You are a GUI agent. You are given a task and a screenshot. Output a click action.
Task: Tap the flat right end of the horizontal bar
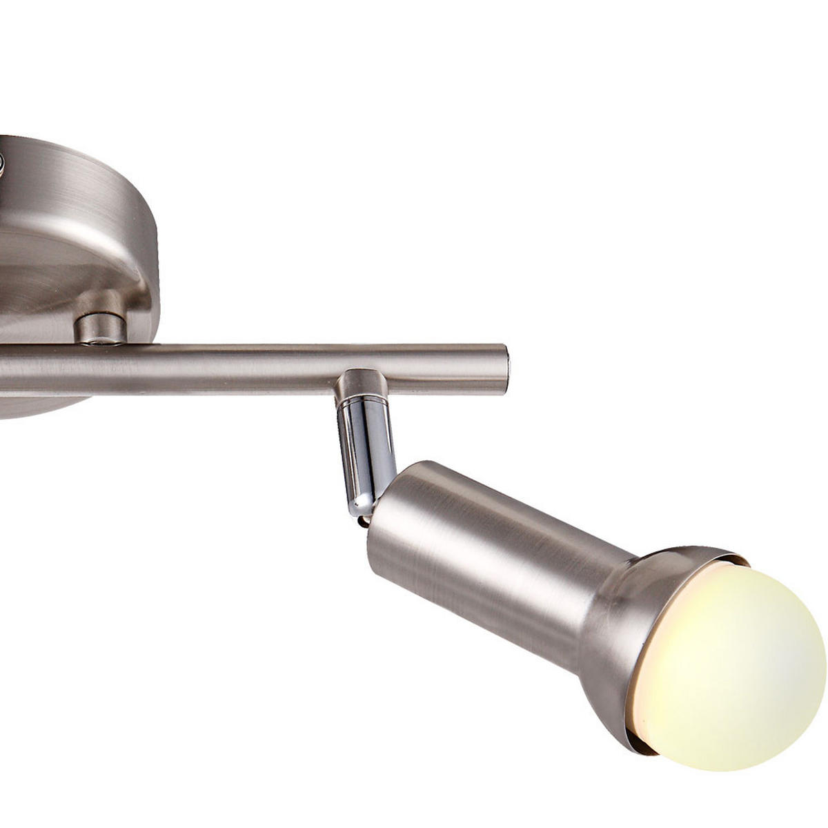click(506, 368)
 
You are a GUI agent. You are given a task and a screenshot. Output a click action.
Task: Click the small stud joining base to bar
click(100, 328)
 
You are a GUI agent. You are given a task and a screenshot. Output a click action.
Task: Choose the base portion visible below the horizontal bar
click(41, 407)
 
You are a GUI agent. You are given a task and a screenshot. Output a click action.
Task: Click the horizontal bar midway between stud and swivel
click(228, 369)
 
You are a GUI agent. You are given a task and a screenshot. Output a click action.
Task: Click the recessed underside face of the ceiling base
click(41, 276)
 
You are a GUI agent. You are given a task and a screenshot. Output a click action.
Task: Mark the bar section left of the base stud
click(34, 369)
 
